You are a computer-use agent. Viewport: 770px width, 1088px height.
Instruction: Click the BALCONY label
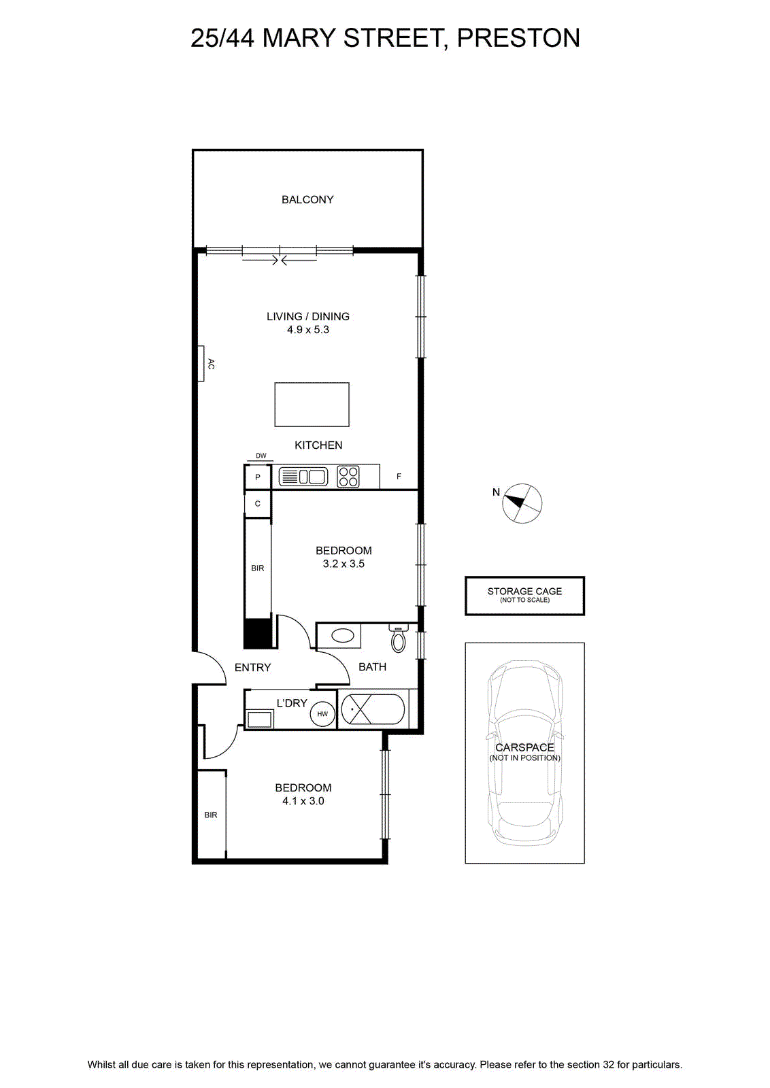coord(307,200)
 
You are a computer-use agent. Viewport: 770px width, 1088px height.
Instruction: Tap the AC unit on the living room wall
coord(201,363)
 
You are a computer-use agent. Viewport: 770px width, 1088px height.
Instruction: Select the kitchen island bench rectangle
coord(312,405)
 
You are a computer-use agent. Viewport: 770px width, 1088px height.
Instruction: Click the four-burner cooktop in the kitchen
coord(348,477)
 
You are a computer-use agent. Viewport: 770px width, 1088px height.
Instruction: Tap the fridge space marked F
coord(399,477)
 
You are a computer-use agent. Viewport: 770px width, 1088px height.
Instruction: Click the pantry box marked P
coord(258,477)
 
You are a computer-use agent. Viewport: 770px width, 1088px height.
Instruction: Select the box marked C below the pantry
coord(258,504)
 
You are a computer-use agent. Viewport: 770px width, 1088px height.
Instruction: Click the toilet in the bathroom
coord(399,639)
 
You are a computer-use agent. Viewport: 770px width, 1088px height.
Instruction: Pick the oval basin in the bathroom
coord(343,635)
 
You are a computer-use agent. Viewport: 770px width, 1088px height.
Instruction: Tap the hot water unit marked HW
coord(322,714)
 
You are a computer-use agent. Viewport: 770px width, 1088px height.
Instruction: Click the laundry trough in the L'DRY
coord(259,719)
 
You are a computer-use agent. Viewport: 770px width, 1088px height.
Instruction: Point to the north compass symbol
coord(522,503)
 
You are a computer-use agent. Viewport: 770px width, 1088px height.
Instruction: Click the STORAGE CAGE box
coord(524,596)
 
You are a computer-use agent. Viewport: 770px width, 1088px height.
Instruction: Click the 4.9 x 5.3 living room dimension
coord(308,330)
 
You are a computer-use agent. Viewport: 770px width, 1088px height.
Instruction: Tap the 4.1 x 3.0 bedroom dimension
coord(303,801)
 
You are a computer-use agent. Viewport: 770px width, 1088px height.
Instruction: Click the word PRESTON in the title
coord(518,38)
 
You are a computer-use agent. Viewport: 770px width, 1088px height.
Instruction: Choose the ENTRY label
coord(252,667)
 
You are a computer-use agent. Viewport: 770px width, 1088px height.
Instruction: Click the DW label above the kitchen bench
coord(261,456)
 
